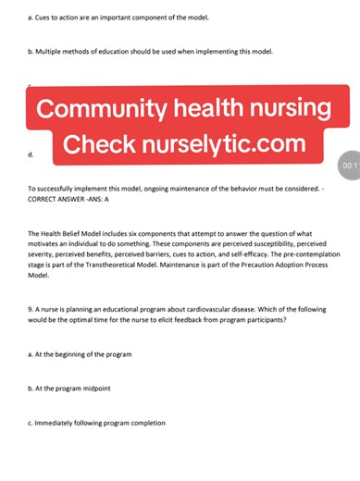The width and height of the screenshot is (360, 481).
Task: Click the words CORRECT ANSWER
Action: (65, 197)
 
